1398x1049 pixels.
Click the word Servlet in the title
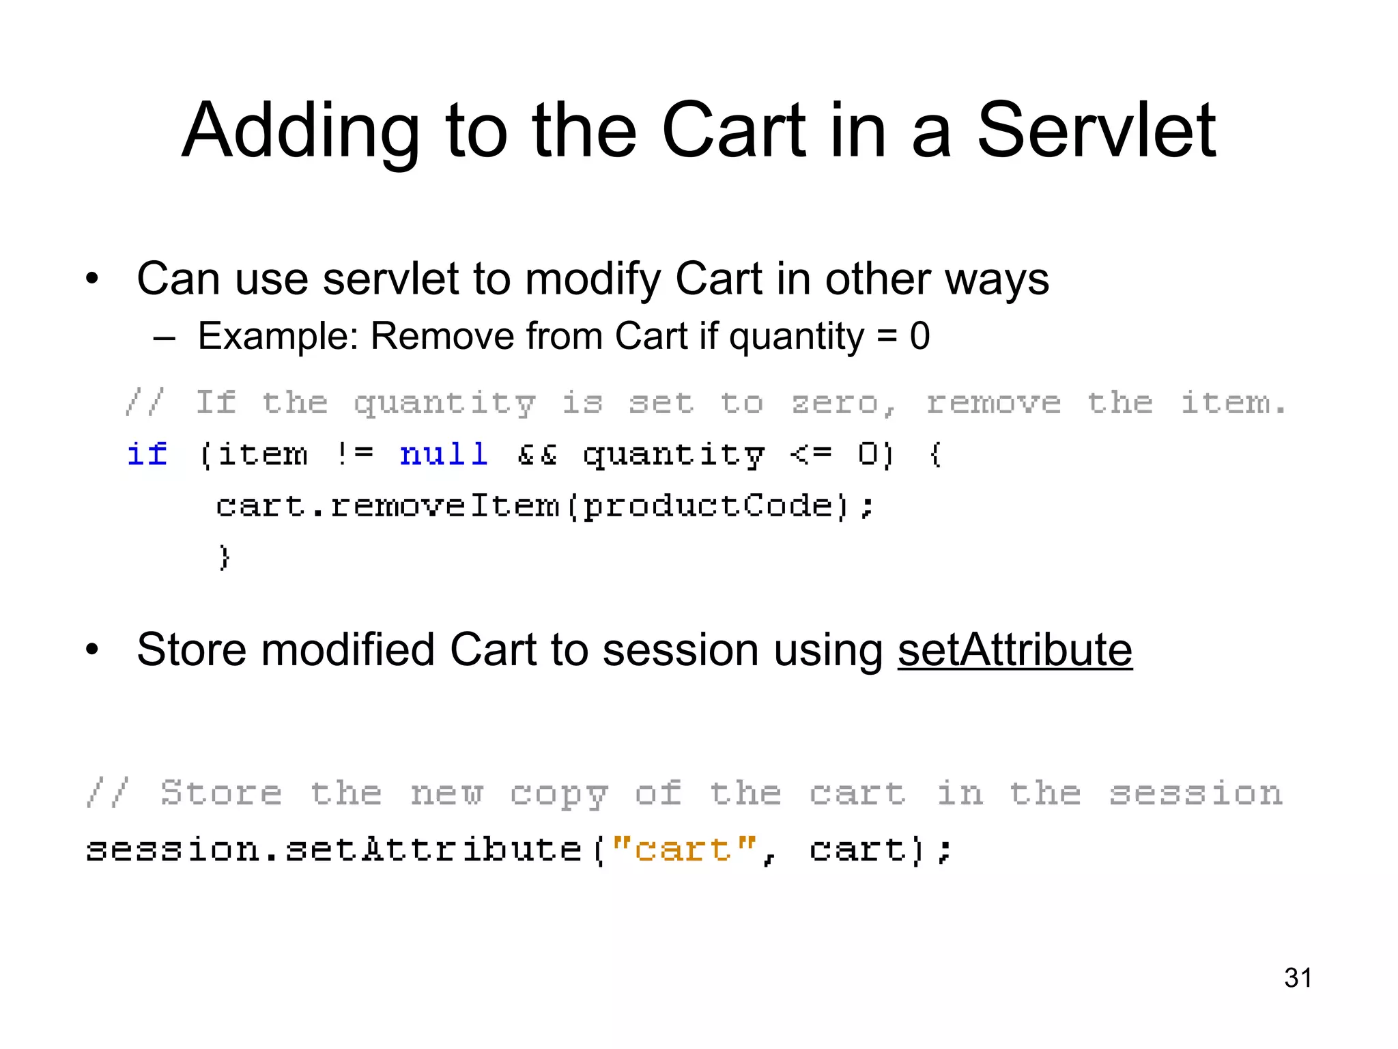tap(1096, 130)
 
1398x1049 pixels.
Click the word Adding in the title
tap(300, 131)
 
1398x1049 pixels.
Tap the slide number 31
tap(1298, 978)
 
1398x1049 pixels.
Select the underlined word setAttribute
tap(1014, 649)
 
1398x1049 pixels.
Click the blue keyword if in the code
tap(147, 454)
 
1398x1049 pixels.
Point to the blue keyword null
tap(444, 454)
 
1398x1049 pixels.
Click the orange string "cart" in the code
tap(683, 850)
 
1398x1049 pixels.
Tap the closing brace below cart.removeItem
tap(225, 557)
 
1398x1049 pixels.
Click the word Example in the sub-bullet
tap(277, 336)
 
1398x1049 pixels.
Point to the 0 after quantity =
tap(919, 336)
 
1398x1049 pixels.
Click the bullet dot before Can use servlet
tap(92, 279)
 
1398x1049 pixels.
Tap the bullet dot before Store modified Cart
tap(92, 650)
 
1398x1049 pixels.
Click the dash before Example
tap(165, 337)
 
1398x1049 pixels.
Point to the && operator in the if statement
tap(537, 454)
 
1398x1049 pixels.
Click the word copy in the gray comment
tap(559, 794)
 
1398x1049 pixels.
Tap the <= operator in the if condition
tap(811, 454)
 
